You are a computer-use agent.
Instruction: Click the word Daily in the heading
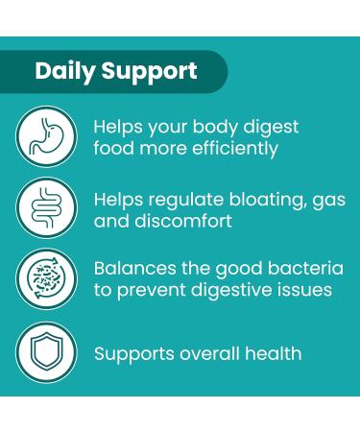[x=64, y=71]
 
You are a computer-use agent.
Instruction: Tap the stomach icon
[x=45, y=137]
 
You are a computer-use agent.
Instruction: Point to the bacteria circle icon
[x=45, y=279]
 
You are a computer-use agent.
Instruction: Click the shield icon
[x=45, y=351]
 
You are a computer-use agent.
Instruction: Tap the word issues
[x=305, y=290]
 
